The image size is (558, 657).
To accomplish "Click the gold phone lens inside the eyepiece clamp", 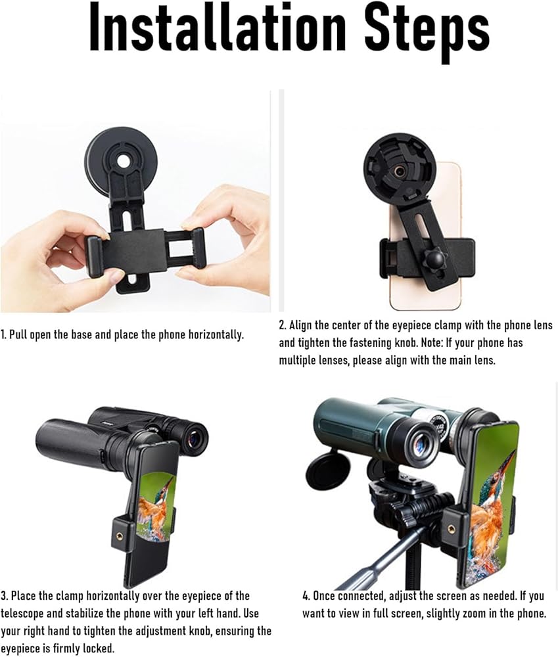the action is pyautogui.click(x=400, y=171).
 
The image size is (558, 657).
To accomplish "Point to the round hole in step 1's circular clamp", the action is pyautogui.click(x=124, y=161).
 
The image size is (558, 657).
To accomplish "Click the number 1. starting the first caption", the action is pyautogui.click(x=4, y=335).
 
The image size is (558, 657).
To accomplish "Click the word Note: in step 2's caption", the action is pyautogui.click(x=429, y=343).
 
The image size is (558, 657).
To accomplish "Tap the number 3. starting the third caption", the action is pyautogui.click(x=4, y=596).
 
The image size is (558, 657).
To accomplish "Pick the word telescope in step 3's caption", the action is pyautogui.click(x=22, y=614).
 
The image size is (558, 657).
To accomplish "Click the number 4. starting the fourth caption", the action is pyautogui.click(x=306, y=596).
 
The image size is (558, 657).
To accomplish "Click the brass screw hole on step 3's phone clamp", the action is pyautogui.click(x=122, y=535).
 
